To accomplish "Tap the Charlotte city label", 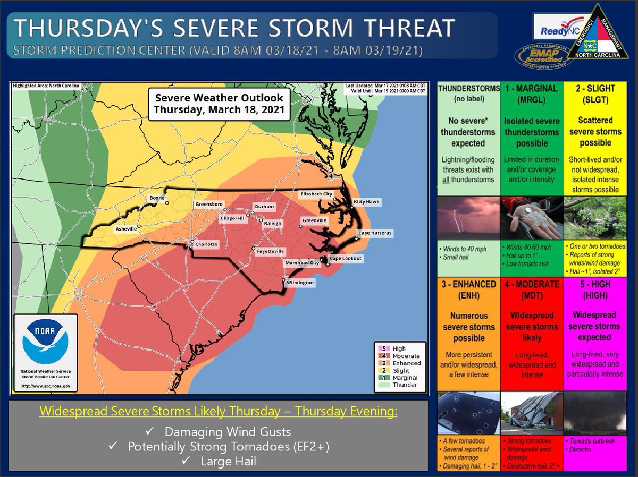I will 207,244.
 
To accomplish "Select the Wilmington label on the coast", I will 300,283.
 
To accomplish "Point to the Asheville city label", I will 125,229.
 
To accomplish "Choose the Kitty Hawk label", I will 367,202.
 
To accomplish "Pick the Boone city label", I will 157,198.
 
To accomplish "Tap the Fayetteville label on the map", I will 270,251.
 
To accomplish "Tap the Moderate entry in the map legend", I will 406,356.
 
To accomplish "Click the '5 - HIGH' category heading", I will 595,290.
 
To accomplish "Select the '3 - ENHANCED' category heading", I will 468,290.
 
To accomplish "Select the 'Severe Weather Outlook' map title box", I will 219,104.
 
